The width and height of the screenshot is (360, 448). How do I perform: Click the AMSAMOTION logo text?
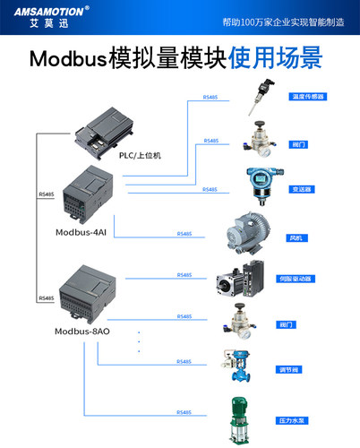pos(45,11)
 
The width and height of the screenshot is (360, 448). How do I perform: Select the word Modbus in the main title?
pos(66,59)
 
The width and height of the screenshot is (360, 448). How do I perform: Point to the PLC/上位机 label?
pos(140,155)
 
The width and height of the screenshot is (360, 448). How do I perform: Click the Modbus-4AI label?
pos(81,232)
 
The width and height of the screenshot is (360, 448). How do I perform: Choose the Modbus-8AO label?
pos(82,332)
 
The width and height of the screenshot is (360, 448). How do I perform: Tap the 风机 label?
pos(296,237)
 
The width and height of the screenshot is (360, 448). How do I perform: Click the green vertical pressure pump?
pos(240,418)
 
